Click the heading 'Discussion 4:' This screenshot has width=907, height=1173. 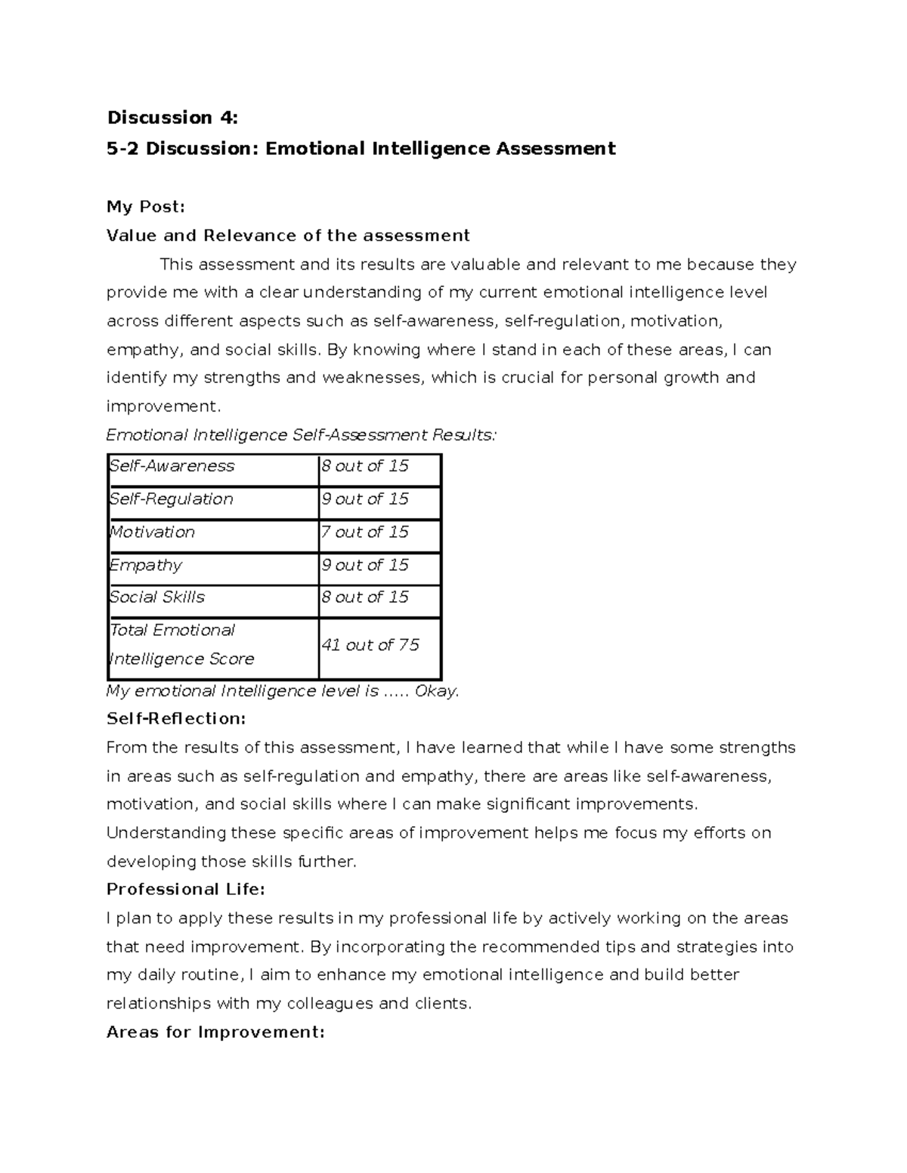[172, 118]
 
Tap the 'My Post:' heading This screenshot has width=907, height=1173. [146, 207]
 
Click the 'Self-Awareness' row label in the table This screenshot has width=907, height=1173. [172, 466]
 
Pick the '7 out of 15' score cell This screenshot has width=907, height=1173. [364, 532]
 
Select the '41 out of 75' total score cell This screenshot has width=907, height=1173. [370, 645]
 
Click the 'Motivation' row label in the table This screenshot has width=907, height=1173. [152, 532]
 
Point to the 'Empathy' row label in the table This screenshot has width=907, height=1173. [146, 566]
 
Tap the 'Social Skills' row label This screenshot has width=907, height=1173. [156, 597]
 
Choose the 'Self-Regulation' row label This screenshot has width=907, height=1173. [171, 499]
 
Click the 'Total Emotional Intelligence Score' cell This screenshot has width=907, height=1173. [181, 645]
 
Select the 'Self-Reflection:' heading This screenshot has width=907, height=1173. [176, 718]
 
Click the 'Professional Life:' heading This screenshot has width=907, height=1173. [186, 890]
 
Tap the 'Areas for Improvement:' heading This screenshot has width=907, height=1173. [215, 1033]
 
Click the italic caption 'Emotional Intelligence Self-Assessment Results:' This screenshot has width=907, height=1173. [302, 435]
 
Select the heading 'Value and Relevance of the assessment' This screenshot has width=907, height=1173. [288, 236]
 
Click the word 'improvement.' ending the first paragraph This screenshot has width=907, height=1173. [164, 406]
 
